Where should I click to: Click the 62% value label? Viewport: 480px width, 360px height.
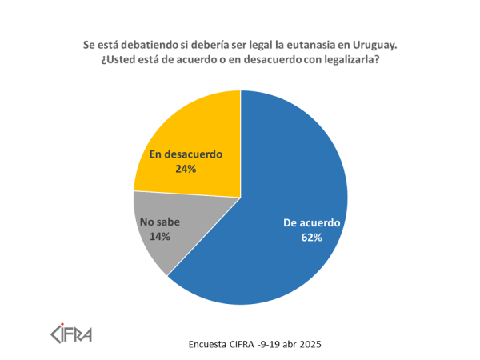click(312, 238)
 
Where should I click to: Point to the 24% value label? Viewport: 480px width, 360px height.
click(186, 169)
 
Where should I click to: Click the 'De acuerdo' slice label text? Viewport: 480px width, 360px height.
click(312, 223)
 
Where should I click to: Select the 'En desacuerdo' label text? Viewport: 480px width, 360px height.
click(186, 154)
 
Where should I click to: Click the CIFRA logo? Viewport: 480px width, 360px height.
click(71, 330)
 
